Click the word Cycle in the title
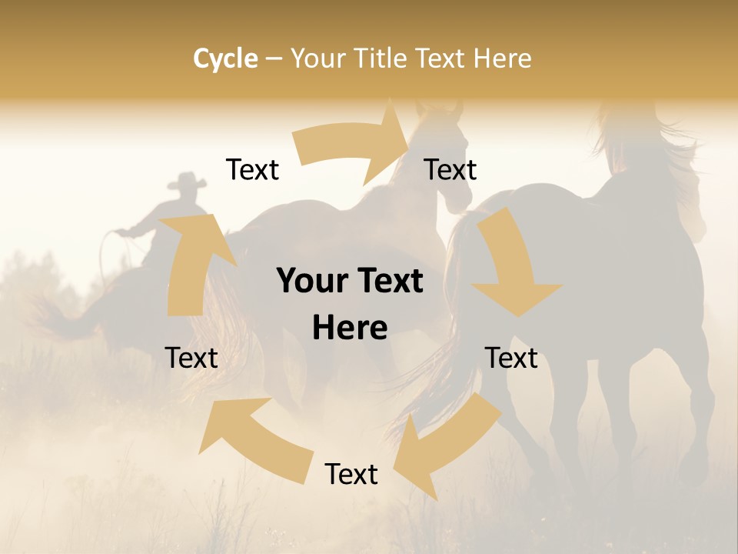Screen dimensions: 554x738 tap(225, 58)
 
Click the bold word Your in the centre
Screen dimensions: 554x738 tap(311, 281)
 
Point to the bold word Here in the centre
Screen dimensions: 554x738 tap(350, 329)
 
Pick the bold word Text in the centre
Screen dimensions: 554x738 tap(388, 281)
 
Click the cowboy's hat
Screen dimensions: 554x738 tap(186, 182)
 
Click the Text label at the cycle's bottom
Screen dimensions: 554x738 tap(351, 474)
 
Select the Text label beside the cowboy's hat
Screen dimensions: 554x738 tap(252, 169)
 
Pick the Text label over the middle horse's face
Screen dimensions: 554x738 tap(450, 169)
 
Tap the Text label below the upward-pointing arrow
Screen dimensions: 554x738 tap(191, 358)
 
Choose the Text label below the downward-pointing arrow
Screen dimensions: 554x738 tap(511, 358)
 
